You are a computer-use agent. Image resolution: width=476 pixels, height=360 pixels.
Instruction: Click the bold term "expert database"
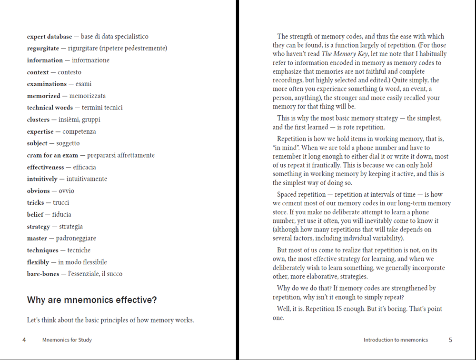(50, 37)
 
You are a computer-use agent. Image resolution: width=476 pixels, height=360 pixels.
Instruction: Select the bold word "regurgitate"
(43, 49)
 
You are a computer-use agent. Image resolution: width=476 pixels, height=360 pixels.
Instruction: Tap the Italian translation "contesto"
(69, 72)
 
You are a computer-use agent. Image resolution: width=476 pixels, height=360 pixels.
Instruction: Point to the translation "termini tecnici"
(102, 108)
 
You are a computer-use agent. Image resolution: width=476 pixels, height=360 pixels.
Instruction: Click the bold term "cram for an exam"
(53, 155)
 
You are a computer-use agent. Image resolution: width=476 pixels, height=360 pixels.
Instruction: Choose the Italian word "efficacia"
(84, 167)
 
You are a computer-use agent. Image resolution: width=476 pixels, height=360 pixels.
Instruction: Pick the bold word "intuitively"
(42, 179)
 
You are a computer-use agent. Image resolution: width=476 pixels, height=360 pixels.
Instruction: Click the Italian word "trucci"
(61, 203)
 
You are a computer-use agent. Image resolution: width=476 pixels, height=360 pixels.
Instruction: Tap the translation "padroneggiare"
(76, 239)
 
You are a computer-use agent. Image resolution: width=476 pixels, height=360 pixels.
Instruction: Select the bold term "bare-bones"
(43, 274)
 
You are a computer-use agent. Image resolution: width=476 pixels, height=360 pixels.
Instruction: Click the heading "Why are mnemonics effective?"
(92, 300)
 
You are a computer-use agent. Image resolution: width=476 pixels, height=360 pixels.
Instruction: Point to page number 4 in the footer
(24, 340)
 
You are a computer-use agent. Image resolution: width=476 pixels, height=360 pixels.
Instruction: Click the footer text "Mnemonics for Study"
(67, 340)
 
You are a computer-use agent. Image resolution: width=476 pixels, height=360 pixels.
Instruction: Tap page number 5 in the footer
(450, 340)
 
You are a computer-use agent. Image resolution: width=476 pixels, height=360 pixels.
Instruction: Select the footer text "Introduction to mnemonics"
(396, 340)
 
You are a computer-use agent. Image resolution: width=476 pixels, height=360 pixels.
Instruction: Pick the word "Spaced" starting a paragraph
(287, 194)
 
